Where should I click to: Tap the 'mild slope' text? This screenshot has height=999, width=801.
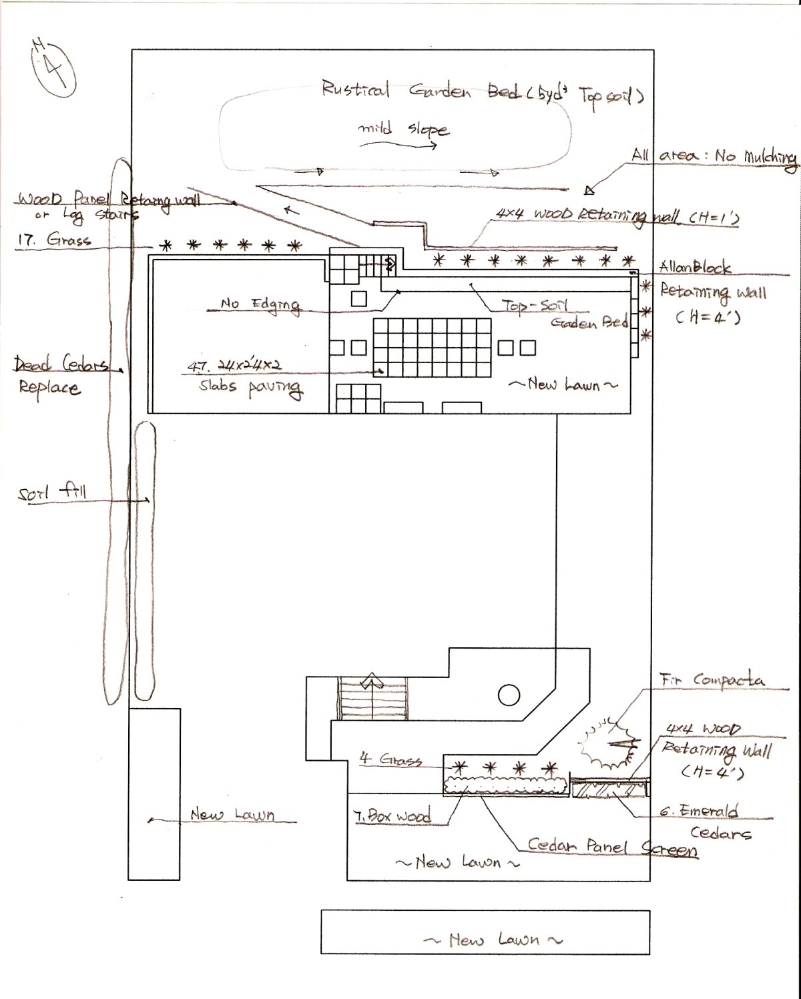click(x=403, y=129)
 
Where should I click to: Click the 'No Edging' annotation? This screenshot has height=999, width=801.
click(x=260, y=304)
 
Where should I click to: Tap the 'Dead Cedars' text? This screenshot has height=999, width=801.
click(x=67, y=365)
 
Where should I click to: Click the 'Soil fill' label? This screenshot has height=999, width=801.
click(x=52, y=494)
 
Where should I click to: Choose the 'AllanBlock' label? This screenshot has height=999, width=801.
click(x=695, y=268)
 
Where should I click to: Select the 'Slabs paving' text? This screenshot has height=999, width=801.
click(x=250, y=387)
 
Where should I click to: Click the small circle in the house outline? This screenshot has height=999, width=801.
click(x=508, y=695)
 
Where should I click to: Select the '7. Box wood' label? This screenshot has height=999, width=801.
click(x=392, y=815)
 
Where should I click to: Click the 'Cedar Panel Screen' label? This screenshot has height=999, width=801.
click(x=613, y=848)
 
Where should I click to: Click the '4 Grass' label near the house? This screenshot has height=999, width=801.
click(x=390, y=760)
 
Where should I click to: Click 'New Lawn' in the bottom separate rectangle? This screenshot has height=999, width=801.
click(x=493, y=940)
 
